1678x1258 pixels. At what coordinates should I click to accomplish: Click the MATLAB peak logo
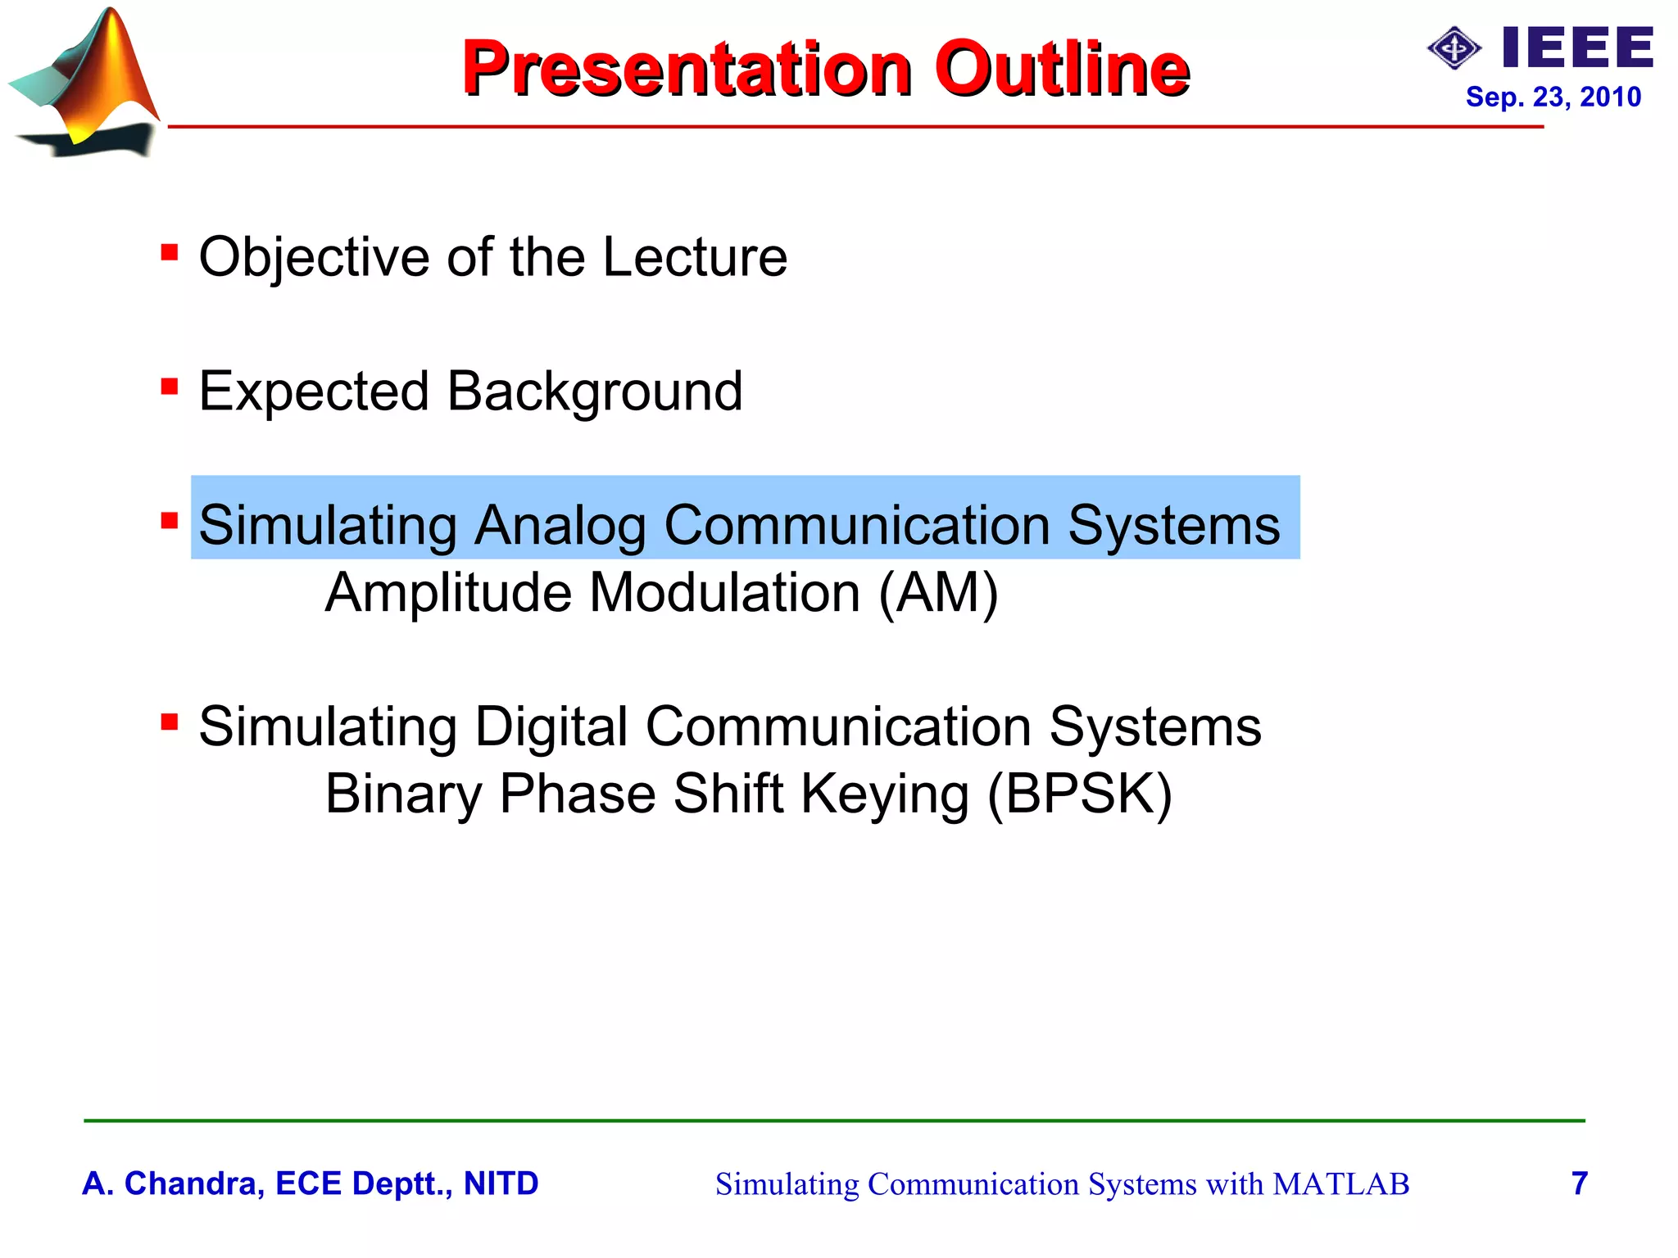pyautogui.click(x=86, y=82)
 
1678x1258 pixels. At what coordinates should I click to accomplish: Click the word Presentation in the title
pyautogui.click(x=687, y=69)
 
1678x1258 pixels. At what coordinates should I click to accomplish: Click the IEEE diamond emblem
pyautogui.click(x=1454, y=49)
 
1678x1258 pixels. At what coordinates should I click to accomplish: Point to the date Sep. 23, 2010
pyautogui.click(x=1553, y=97)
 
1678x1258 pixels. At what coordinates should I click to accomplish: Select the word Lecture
pyautogui.click(x=695, y=257)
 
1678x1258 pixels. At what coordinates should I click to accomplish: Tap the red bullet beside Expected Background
pyautogui.click(x=170, y=386)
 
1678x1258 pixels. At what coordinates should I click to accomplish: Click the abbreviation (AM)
pyautogui.click(x=938, y=592)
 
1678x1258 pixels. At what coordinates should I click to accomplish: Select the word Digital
pyautogui.click(x=551, y=726)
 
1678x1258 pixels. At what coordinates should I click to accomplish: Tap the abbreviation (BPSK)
pyautogui.click(x=1080, y=794)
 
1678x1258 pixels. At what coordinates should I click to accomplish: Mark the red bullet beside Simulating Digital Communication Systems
pyautogui.click(x=170, y=722)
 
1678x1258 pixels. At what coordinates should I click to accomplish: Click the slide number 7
pyautogui.click(x=1580, y=1183)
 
